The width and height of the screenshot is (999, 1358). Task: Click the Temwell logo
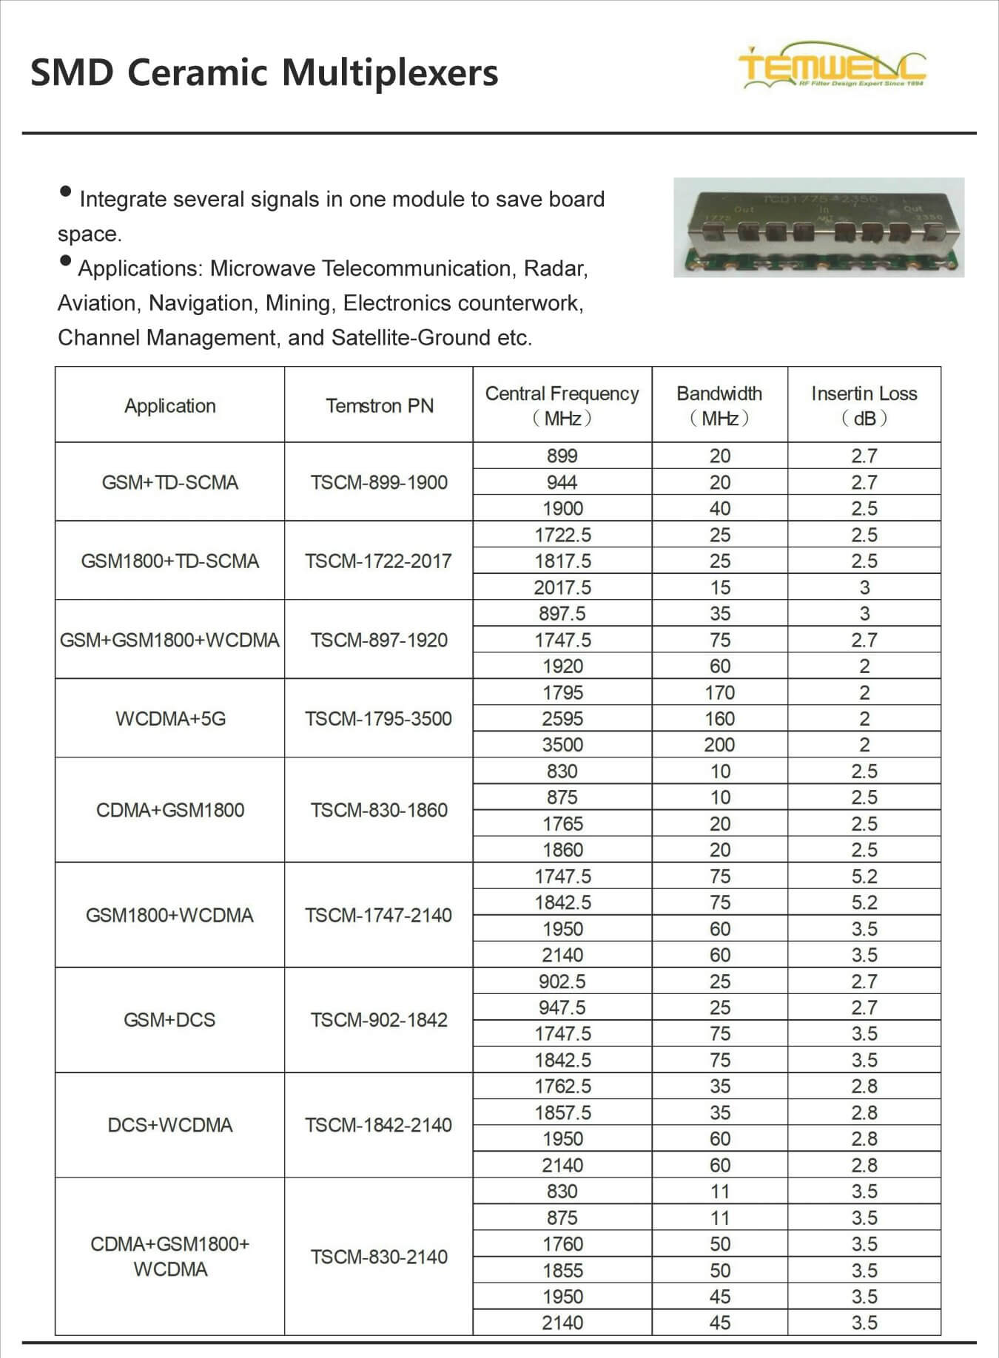832,67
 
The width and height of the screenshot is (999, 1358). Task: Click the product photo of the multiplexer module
818,228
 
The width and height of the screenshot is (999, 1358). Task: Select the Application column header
169,405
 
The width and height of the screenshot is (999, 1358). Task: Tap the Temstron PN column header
379,405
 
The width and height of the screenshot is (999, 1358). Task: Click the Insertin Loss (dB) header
864,405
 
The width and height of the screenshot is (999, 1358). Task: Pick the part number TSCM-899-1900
379,482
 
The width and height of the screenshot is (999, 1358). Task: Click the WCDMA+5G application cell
170,718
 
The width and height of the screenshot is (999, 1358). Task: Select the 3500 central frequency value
562,745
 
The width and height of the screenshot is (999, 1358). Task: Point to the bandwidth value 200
719,745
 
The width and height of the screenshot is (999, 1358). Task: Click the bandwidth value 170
719,692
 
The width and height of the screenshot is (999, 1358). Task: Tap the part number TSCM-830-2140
379,1257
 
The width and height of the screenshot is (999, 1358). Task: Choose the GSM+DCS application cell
169,1020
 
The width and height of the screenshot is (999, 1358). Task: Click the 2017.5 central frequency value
562,587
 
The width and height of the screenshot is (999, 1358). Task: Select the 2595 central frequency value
562,718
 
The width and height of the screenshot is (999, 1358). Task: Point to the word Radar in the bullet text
555,268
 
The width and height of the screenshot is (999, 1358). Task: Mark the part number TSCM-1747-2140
378,915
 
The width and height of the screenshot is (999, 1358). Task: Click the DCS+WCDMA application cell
170,1125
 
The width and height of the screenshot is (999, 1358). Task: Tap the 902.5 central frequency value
562,981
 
